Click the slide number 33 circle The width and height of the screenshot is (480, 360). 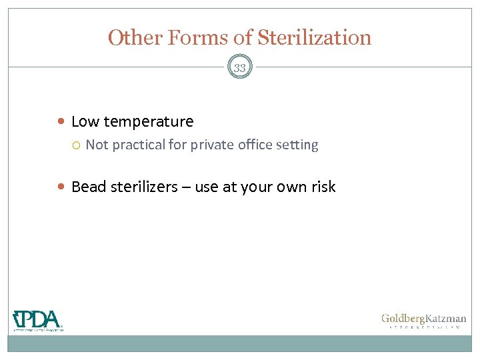tap(240, 68)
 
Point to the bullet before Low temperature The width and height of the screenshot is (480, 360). tap(62, 122)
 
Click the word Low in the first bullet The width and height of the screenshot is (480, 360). tap(85, 121)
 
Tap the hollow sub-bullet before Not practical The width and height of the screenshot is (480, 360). tap(77, 145)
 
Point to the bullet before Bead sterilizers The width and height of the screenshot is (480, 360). tap(62, 187)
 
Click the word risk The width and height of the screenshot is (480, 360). tap(323, 187)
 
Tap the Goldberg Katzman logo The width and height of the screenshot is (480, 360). tap(423, 321)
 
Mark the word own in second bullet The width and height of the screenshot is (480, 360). tap(291, 187)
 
